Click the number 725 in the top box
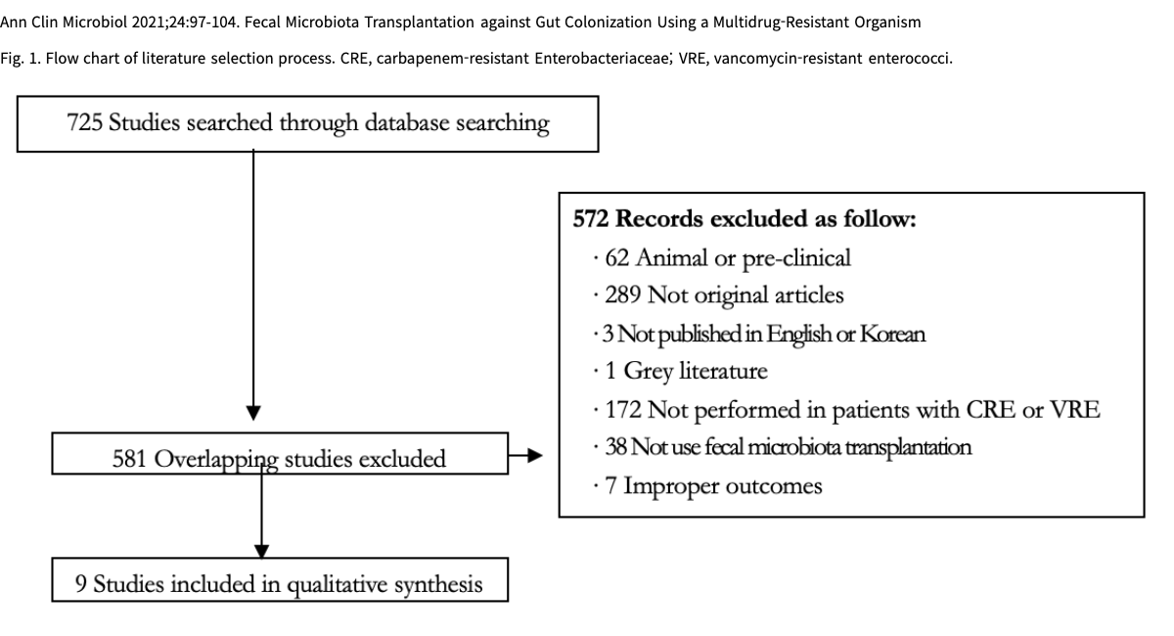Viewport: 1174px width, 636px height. [x=84, y=122]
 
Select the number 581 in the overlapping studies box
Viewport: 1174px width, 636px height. [x=129, y=459]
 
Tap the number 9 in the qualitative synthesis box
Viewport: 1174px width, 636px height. [x=80, y=584]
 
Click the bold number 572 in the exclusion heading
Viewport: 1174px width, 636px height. [x=591, y=218]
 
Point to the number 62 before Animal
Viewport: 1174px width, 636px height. [x=617, y=258]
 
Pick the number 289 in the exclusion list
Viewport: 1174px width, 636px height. [x=623, y=295]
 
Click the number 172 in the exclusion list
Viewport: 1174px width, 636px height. [x=623, y=410]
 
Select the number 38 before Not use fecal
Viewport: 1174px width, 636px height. [x=615, y=447]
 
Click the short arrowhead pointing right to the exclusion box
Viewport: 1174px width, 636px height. [x=535, y=455]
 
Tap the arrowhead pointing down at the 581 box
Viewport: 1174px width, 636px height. [x=253, y=413]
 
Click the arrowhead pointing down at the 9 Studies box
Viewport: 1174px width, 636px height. [x=261, y=551]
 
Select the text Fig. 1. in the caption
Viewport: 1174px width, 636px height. [x=20, y=58]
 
